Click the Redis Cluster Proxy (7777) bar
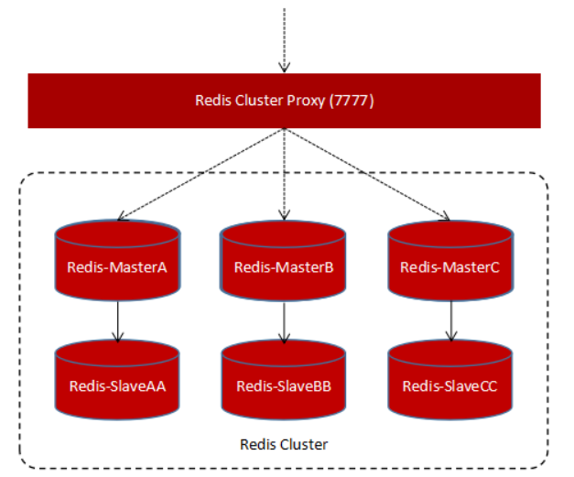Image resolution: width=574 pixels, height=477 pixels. (x=284, y=101)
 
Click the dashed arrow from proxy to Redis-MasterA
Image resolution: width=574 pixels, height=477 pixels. (x=201, y=174)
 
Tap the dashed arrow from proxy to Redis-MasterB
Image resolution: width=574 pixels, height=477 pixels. (x=285, y=174)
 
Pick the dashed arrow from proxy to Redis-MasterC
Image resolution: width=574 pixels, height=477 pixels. (x=366, y=174)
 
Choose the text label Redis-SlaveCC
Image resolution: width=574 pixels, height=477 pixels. (x=449, y=385)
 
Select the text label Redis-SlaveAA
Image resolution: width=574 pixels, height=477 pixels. (x=116, y=385)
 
